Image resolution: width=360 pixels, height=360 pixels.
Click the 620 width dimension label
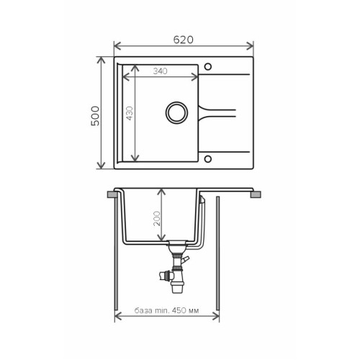[x=184, y=40]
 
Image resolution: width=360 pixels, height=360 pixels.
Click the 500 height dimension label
[x=95, y=116]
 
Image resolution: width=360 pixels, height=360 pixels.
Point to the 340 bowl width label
[x=160, y=71]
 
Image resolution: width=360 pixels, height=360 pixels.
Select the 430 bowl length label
[x=130, y=113]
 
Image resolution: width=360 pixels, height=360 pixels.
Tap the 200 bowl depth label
[x=157, y=218]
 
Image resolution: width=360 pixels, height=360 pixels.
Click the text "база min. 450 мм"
[x=166, y=310]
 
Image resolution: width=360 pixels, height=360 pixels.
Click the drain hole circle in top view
[x=176, y=113]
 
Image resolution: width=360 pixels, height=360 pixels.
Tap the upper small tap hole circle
[x=208, y=66]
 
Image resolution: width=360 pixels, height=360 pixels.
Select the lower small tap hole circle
[x=208, y=159]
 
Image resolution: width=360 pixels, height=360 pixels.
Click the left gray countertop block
[x=112, y=194]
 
